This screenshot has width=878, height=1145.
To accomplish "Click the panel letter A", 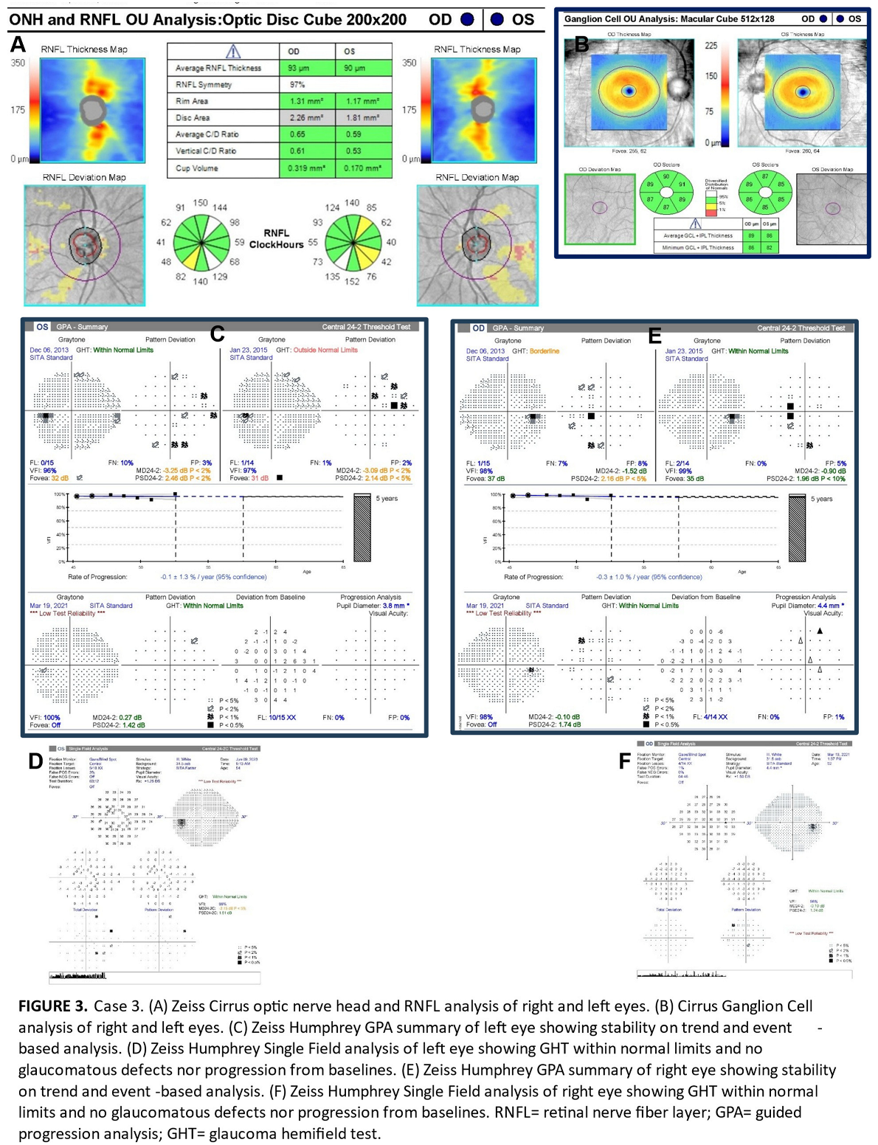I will point(18,46).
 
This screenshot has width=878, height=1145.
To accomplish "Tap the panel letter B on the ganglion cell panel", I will point(581,44).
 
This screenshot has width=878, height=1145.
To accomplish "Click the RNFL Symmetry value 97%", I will point(297,85).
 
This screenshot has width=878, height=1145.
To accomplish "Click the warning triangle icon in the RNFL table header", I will point(232,51).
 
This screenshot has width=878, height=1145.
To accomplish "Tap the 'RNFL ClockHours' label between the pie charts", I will point(277,238).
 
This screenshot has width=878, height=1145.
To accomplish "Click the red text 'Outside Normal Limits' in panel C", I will point(325,350).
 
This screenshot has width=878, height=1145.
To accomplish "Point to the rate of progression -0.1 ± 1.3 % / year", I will point(213,577).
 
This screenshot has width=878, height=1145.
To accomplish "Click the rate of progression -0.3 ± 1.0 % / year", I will point(649,577).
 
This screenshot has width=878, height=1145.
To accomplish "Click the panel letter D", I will point(35,761).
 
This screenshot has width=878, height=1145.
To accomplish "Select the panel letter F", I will point(624,761).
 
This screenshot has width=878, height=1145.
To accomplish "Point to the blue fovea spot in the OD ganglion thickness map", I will point(629,91).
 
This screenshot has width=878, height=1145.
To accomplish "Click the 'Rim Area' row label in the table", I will point(192,101).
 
